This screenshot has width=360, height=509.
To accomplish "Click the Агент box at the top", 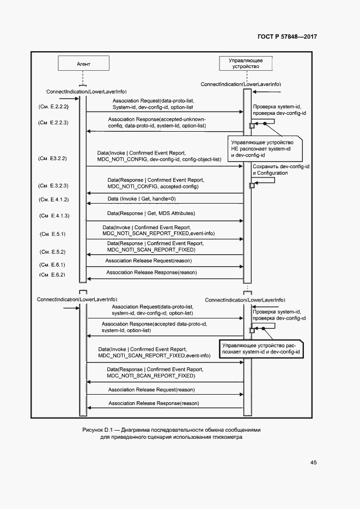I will click(83, 64).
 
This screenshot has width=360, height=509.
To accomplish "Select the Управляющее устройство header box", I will click(245, 63).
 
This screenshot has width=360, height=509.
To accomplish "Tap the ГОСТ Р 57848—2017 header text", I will click(287, 36).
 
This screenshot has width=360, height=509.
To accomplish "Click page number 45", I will click(313, 463).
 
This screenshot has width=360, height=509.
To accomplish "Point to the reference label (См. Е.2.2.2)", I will click(53, 106).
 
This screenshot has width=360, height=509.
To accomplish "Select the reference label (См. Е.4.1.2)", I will click(53, 200).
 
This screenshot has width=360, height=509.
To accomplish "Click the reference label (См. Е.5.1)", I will click(53, 234).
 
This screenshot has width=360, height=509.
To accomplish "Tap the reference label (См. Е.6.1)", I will click(53, 264).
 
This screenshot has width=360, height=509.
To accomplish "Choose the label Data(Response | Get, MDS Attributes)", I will click(151, 213).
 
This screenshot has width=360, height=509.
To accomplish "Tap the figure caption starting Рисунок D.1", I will click(172, 433).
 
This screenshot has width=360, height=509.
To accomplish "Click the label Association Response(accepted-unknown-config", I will click(156, 122).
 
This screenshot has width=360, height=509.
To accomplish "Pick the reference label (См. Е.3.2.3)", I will click(53, 186).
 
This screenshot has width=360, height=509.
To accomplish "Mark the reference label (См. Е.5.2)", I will click(53, 252).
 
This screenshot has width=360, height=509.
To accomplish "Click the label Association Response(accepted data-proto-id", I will click(154, 327).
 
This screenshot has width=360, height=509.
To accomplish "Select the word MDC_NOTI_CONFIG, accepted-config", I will click(152, 186).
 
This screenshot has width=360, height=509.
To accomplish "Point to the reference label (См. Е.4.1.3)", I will click(53, 216).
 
